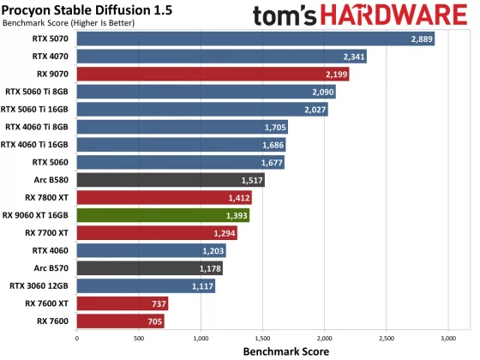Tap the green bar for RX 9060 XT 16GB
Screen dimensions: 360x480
pyautogui.click(x=163, y=215)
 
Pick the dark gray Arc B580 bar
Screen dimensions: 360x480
pyautogui.click(x=171, y=180)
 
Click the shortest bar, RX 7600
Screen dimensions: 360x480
pyautogui.click(x=120, y=321)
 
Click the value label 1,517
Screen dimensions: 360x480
pyautogui.click(x=252, y=180)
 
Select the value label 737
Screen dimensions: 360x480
pyautogui.click(x=159, y=303)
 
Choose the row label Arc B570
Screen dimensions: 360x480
pyautogui.click(x=53, y=268)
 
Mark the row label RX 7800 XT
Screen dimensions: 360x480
pyautogui.click(x=50, y=198)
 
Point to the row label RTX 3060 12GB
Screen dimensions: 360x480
pyautogui.click(x=41, y=286)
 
